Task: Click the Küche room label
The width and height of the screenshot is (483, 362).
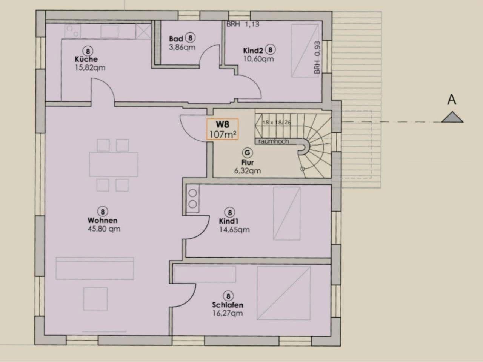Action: (86, 59)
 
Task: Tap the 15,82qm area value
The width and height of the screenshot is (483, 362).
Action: (90, 68)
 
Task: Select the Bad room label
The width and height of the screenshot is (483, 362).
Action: (176, 38)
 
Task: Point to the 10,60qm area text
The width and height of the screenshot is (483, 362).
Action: (258, 59)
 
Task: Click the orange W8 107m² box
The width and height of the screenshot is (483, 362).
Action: (222, 129)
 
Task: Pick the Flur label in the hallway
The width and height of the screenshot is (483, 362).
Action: (248, 163)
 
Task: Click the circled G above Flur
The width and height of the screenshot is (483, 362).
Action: (248, 153)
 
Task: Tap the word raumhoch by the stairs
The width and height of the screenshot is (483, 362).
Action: (274, 141)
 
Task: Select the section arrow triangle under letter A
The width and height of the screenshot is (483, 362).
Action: (452, 118)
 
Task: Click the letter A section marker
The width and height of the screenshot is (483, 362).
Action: (451, 100)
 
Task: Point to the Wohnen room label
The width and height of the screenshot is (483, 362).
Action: (102, 220)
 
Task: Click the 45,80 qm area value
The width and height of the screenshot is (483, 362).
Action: (104, 229)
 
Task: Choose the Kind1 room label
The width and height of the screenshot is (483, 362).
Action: (229, 221)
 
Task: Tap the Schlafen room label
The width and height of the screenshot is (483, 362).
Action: (228, 305)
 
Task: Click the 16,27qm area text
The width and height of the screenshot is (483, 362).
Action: (228, 313)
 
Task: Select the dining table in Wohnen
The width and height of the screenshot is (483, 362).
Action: (113, 164)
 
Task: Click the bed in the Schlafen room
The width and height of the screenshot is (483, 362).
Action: (283, 293)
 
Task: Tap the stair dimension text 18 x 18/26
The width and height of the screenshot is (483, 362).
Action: (277, 123)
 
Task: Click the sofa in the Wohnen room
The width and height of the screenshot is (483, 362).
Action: (95, 268)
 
